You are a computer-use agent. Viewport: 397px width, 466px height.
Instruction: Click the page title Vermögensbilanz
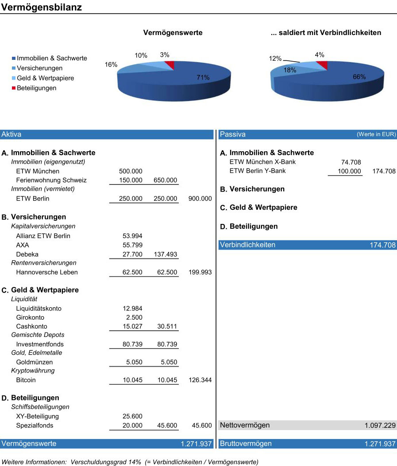42,7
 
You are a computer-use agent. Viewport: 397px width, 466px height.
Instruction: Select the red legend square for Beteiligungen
14,88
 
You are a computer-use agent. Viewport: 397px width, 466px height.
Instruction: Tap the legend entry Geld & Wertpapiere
46,78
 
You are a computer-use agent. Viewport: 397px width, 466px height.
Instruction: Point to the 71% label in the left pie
203,78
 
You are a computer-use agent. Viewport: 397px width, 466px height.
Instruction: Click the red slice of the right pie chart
323,64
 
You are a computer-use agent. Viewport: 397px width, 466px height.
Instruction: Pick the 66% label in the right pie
359,77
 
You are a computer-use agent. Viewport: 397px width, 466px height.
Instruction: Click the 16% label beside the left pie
111,64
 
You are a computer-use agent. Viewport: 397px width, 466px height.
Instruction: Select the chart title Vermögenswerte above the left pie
173,33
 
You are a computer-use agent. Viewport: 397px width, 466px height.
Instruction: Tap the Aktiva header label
11,134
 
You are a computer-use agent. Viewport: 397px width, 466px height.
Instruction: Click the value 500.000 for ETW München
131,171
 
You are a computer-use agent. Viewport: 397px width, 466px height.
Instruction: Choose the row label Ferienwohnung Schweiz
51,180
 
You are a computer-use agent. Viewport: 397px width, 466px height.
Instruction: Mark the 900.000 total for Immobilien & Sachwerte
200,199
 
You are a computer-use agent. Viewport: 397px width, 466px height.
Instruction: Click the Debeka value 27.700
132,255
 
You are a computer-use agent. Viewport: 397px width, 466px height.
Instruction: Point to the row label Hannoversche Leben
47,272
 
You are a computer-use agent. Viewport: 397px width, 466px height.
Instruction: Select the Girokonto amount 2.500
134,317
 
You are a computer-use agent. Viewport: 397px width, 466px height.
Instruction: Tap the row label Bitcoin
26,380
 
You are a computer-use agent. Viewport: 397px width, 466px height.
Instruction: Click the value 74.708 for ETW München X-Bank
351,162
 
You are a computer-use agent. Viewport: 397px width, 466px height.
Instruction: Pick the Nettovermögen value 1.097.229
380,426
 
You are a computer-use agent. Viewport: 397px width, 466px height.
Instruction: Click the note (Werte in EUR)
376,134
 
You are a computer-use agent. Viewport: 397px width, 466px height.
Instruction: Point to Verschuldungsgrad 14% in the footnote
106,462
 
